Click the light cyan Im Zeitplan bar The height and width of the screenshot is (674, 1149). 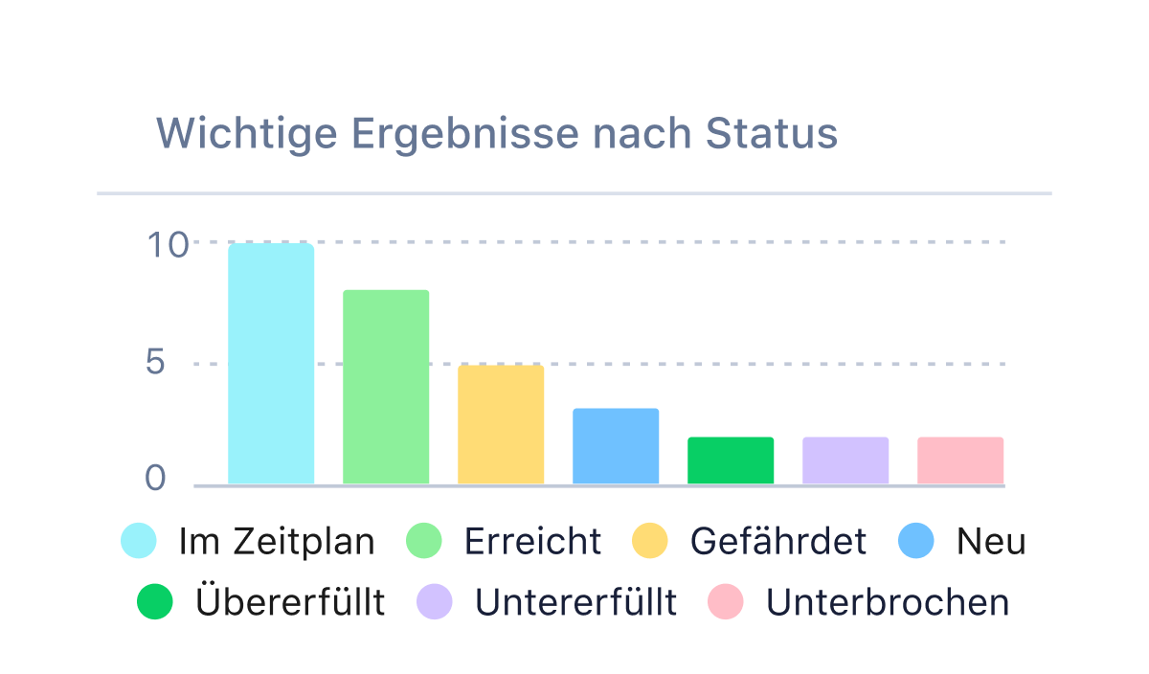271,364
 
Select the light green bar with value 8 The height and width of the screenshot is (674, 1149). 386,387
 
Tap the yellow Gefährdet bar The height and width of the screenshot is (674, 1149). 501,424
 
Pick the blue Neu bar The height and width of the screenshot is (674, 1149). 616,446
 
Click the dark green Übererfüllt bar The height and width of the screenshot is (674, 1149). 731,461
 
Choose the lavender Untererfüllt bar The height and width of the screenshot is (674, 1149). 845,461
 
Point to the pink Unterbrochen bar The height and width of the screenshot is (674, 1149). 960,461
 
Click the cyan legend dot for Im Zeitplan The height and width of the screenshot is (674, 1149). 138,541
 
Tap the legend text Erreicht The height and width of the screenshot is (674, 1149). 532,542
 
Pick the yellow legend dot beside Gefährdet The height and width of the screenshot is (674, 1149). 650,541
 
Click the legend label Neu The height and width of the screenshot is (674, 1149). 990,542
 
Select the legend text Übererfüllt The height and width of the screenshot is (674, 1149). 289,603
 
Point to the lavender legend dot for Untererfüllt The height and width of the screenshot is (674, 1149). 434,602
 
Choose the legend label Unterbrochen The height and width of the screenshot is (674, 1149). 887,603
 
